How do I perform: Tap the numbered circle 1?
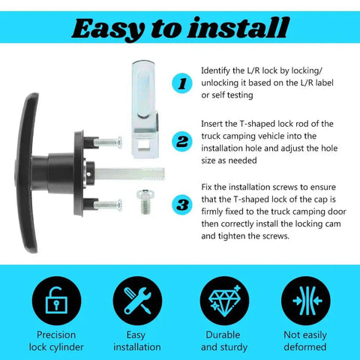[182, 83]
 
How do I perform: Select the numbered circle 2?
[182, 142]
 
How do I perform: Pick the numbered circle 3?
[182, 205]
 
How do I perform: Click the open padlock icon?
[56, 301]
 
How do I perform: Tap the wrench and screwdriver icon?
[137, 301]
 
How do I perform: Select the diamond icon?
[224, 301]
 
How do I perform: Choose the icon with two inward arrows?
[306, 301]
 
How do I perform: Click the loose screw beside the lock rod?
[145, 202]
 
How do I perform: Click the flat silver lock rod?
[129, 174]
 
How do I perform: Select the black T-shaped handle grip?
[27, 172]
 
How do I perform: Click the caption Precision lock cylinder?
[56, 341]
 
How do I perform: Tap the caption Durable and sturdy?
[223, 341]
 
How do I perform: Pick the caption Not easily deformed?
[305, 341]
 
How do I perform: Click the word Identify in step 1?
[215, 71]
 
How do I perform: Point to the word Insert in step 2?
[212, 124]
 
